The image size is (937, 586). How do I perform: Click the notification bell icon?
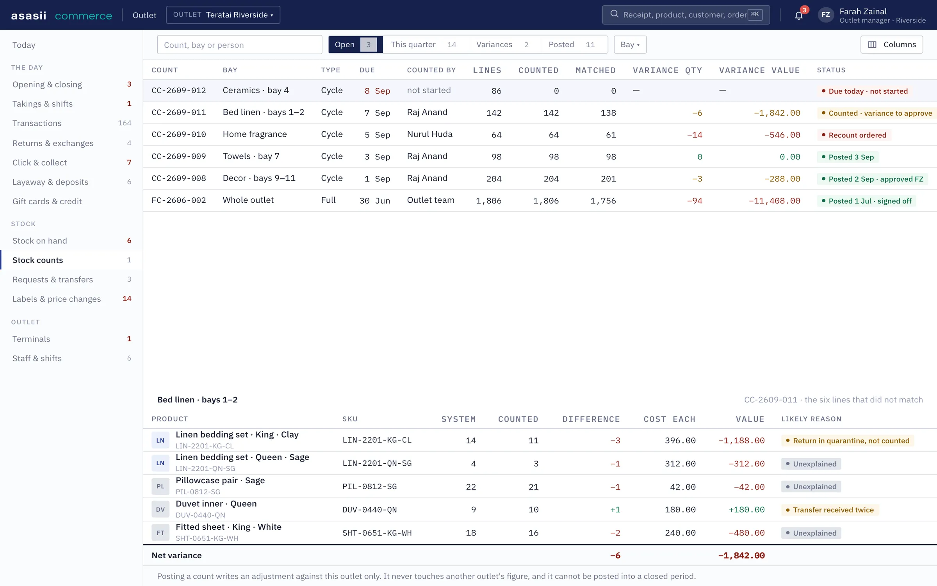tap(798, 15)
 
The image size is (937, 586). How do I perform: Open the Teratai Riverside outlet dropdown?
tap(223, 15)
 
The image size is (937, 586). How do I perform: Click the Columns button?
tap(891, 45)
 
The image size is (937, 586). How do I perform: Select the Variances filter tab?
tap(502, 45)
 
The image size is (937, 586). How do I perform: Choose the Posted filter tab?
tap(572, 45)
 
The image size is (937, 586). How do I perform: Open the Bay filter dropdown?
tap(630, 45)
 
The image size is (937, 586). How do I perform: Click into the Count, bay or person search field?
tap(239, 45)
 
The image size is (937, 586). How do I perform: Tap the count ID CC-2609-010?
tap(179, 134)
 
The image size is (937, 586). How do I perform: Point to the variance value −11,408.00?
tap(774, 201)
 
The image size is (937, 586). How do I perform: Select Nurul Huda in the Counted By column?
tap(429, 134)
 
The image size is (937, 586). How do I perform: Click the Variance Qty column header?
tap(667, 70)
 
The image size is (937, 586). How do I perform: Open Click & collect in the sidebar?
tap(39, 163)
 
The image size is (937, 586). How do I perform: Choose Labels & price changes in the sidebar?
tap(57, 299)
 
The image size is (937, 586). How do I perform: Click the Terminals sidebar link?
tap(31, 339)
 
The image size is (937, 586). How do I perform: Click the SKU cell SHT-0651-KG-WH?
tap(377, 533)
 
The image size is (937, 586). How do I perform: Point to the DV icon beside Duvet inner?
tap(160, 509)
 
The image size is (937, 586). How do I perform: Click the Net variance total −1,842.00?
tap(741, 556)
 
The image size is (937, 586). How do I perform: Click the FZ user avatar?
tap(826, 15)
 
